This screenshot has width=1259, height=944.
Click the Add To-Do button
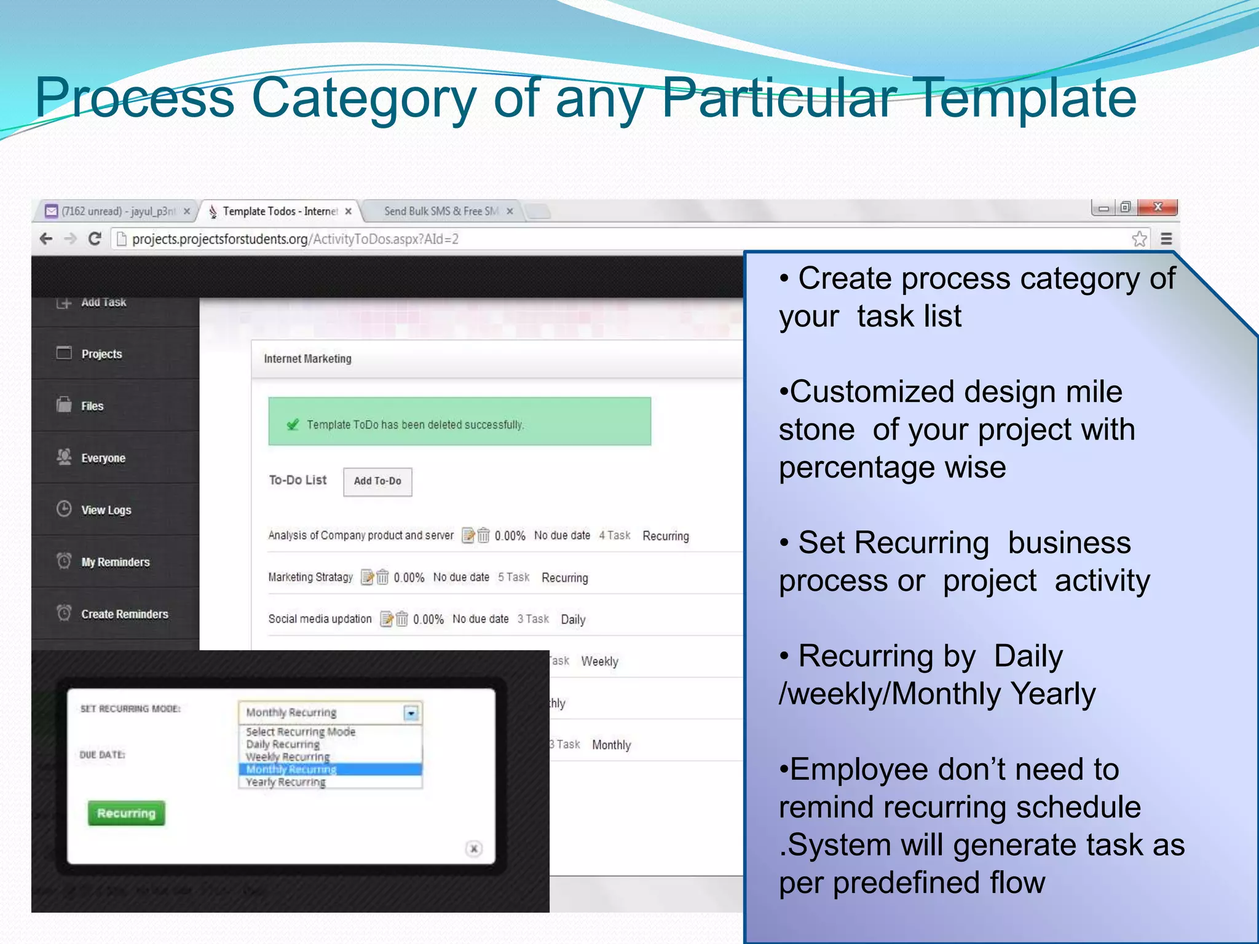tap(377, 481)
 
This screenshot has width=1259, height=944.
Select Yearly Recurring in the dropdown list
tap(286, 782)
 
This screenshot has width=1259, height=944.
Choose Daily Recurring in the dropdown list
tap(283, 744)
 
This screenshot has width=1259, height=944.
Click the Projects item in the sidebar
tap(101, 354)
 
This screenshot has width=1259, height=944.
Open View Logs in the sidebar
tap(106, 510)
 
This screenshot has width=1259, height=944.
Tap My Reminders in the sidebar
tap(115, 562)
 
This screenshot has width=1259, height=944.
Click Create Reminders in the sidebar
tap(124, 614)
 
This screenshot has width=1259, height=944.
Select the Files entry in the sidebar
tap(92, 406)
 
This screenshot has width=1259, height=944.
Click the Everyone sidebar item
tap(103, 458)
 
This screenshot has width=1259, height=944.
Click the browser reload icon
tap(95, 238)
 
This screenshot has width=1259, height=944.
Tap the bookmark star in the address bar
tap(1139, 238)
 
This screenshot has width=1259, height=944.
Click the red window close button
tap(1157, 207)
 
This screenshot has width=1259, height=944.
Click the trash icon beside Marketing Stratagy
tap(382, 578)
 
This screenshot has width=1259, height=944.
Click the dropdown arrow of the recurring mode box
tap(411, 713)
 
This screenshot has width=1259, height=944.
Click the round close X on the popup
tap(473, 849)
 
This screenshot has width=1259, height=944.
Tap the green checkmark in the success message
tap(293, 425)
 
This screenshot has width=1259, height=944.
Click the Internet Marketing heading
tap(307, 359)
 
